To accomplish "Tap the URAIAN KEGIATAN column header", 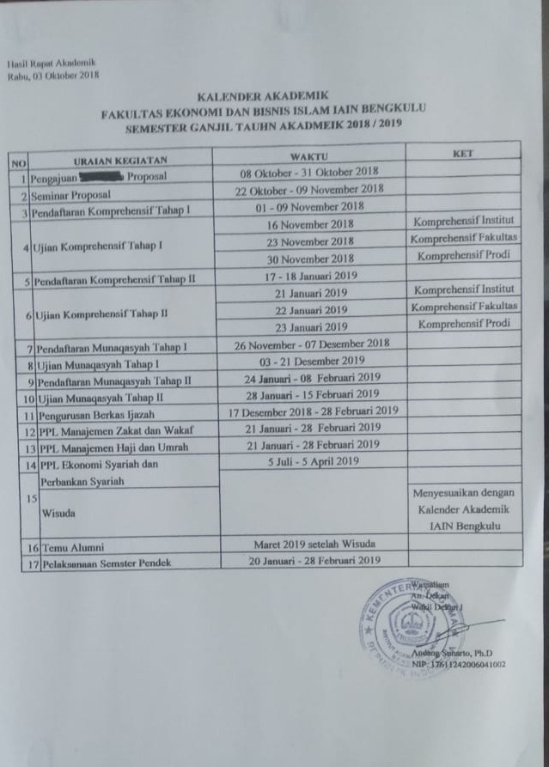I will (119, 160).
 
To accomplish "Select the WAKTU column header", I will (308, 156).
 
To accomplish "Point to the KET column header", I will (462, 153).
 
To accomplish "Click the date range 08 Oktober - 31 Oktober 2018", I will (309, 173).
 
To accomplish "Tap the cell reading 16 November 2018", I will (310, 224).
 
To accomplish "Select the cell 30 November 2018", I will (310, 259).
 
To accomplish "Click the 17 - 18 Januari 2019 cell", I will (310, 277).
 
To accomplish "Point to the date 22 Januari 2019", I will (310, 310).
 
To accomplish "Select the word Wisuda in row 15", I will (58, 513).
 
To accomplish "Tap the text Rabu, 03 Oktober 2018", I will (53, 76).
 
